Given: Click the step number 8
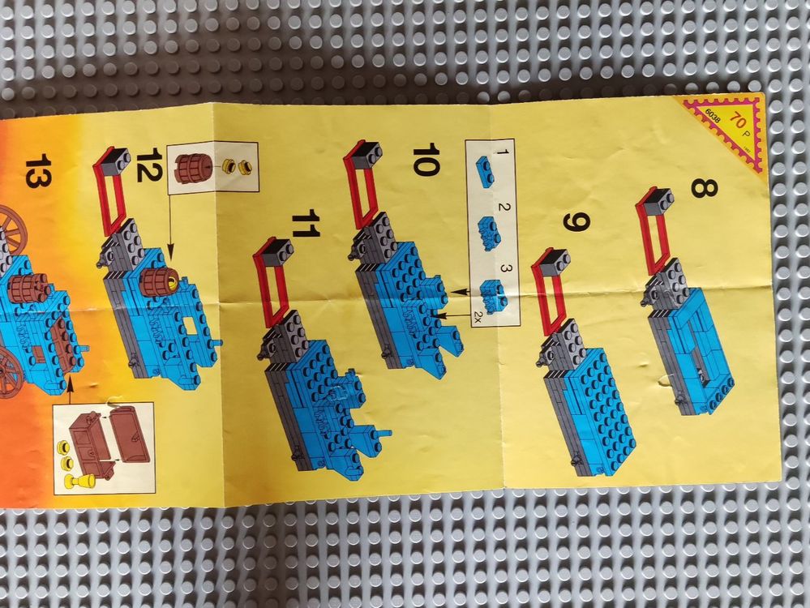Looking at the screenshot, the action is [x=704, y=187].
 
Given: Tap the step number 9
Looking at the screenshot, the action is [x=576, y=223].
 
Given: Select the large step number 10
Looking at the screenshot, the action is [x=426, y=160].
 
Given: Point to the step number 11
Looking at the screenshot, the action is [x=306, y=223].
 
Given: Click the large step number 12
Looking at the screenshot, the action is [x=149, y=165].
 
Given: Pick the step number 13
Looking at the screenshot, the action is [x=38, y=170].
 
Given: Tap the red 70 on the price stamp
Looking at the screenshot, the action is [x=737, y=122].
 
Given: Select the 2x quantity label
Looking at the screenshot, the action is [x=477, y=319].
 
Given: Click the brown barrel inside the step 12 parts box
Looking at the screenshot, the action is [x=193, y=165].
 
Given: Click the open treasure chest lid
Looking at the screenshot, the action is [x=131, y=434].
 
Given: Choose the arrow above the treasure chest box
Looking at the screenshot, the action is [x=70, y=390].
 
